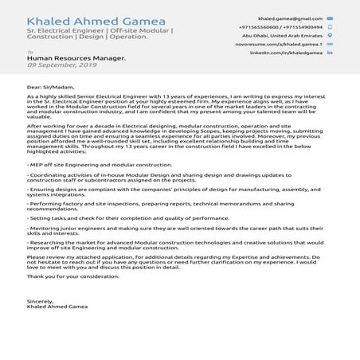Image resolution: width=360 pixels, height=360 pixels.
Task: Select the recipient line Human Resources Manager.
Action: click(x=76, y=58)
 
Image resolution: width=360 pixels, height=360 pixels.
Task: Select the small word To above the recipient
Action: click(x=30, y=52)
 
